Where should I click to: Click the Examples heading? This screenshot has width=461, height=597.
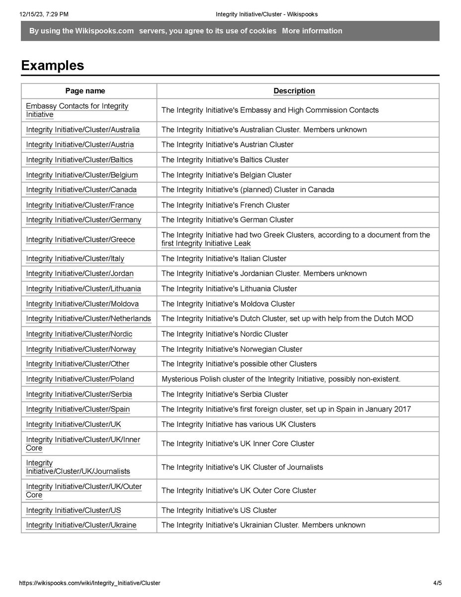[52, 66]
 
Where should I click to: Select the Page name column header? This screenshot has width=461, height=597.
[85, 91]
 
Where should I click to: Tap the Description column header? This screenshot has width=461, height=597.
[294, 91]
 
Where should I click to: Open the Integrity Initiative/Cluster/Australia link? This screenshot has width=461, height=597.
[83, 130]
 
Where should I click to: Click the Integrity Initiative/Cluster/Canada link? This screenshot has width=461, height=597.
[81, 190]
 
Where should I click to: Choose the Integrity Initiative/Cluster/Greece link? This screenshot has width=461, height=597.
[80, 240]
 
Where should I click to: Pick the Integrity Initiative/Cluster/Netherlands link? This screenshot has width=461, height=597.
[88, 319]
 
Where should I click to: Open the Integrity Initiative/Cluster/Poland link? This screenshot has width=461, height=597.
[80, 380]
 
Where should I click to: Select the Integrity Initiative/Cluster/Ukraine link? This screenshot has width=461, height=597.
[81, 525]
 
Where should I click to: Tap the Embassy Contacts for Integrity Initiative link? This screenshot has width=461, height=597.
[77, 110]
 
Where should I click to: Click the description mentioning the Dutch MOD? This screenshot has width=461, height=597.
[287, 319]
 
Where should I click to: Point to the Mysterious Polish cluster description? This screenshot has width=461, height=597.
[281, 380]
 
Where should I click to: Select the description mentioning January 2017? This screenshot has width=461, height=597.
[286, 409]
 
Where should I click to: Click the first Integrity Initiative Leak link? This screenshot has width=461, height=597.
[206, 244]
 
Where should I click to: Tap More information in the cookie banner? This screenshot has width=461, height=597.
[312, 31]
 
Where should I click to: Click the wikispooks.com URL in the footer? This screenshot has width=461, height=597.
[90, 583]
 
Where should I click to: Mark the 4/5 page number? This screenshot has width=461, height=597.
[437, 583]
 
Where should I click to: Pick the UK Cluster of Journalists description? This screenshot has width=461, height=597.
[242, 467]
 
